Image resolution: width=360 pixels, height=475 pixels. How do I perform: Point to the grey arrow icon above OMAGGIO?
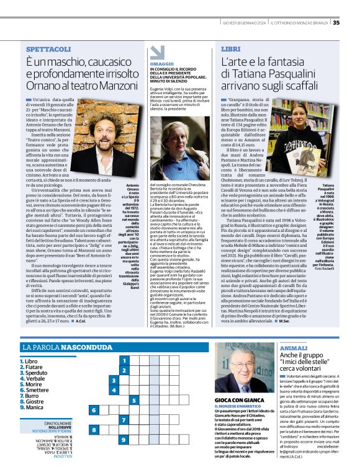pyautogui.click(x=157, y=52)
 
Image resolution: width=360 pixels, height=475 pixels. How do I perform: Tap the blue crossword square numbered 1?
pyautogui.click(x=124, y=360)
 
